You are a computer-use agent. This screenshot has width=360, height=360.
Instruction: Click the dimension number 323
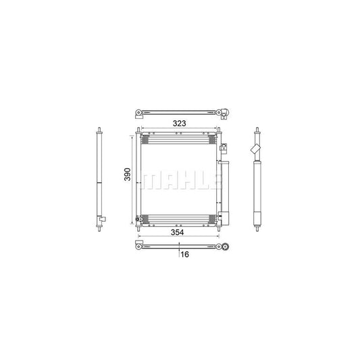(179, 124)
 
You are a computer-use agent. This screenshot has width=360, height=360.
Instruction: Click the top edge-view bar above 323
(179, 111)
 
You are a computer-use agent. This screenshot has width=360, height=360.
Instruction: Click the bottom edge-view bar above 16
(179, 244)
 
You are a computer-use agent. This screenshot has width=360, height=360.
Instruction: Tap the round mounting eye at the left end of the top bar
(138, 111)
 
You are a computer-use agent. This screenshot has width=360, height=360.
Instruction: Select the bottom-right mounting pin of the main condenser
(218, 227)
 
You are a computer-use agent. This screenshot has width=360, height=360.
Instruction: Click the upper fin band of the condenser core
(178, 140)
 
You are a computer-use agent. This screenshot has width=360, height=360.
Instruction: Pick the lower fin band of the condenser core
(178, 217)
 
